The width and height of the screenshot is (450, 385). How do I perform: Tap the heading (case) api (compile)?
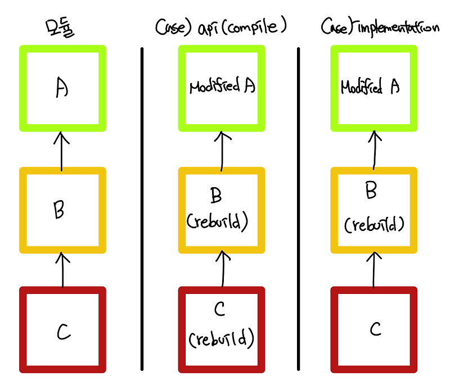220,27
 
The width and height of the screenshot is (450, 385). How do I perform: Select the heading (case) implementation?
380,27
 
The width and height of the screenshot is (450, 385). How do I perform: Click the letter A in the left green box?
62,89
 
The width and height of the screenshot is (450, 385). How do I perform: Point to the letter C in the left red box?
63,332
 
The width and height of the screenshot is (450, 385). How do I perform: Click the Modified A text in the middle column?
221,87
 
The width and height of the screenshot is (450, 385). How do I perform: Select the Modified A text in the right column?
370,88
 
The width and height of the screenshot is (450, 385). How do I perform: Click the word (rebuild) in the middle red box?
221,339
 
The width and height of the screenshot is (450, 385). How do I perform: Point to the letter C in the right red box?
376,329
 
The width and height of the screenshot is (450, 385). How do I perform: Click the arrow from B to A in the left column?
62,150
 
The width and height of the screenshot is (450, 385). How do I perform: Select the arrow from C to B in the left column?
62,269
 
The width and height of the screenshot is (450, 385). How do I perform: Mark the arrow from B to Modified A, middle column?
222,151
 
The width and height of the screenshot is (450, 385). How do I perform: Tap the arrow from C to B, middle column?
223,269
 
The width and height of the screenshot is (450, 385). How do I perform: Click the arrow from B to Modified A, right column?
373,150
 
